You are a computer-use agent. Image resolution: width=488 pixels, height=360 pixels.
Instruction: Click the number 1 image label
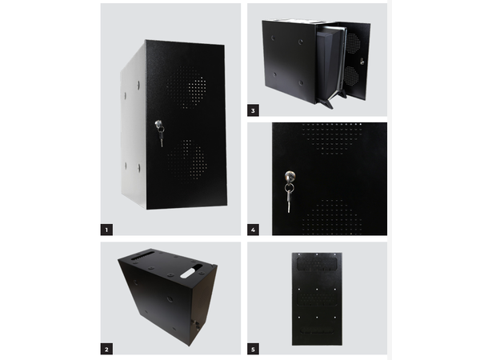pos(107,229)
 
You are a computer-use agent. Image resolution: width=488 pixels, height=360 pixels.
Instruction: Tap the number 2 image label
pos(107,348)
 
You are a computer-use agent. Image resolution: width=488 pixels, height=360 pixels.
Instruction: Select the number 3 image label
pos(254,110)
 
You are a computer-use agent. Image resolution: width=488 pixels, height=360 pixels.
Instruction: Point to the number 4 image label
pos(254,229)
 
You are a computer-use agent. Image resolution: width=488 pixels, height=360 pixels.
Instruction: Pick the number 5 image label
pos(254,348)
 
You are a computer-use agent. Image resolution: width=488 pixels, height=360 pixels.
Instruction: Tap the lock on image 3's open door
pos(361,62)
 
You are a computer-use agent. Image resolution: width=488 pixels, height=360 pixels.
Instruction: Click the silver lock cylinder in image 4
pos(289,176)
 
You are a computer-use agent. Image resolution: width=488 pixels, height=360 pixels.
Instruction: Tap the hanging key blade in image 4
pos(290,201)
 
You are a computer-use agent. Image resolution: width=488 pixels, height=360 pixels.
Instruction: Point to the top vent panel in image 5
pos(318,261)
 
